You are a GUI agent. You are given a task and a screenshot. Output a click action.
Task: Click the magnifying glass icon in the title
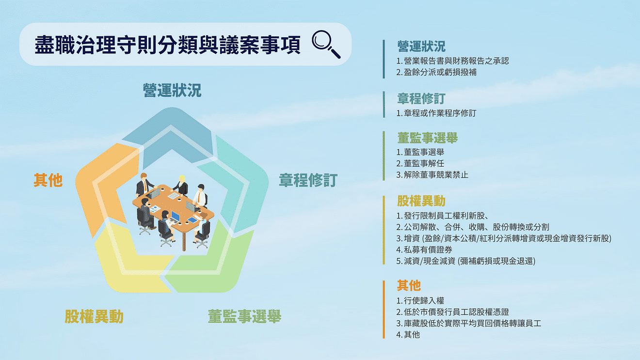click(x=325, y=44)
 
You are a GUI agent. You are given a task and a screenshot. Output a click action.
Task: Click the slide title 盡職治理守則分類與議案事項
click(x=167, y=45)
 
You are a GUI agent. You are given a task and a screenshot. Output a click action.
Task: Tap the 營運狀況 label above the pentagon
click(x=172, y=90)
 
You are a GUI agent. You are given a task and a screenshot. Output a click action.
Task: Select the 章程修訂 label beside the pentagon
click(x=307, y=181)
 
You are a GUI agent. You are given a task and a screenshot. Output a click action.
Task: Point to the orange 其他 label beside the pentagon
click(x=48, y=180)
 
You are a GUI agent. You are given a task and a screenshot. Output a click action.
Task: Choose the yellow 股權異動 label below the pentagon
click(x=94, y=317)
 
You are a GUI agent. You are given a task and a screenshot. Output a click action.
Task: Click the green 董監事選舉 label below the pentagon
click(x=244, y=317)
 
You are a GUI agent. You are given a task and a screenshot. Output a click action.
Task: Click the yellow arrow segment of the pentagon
click(x=124, y=264)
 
